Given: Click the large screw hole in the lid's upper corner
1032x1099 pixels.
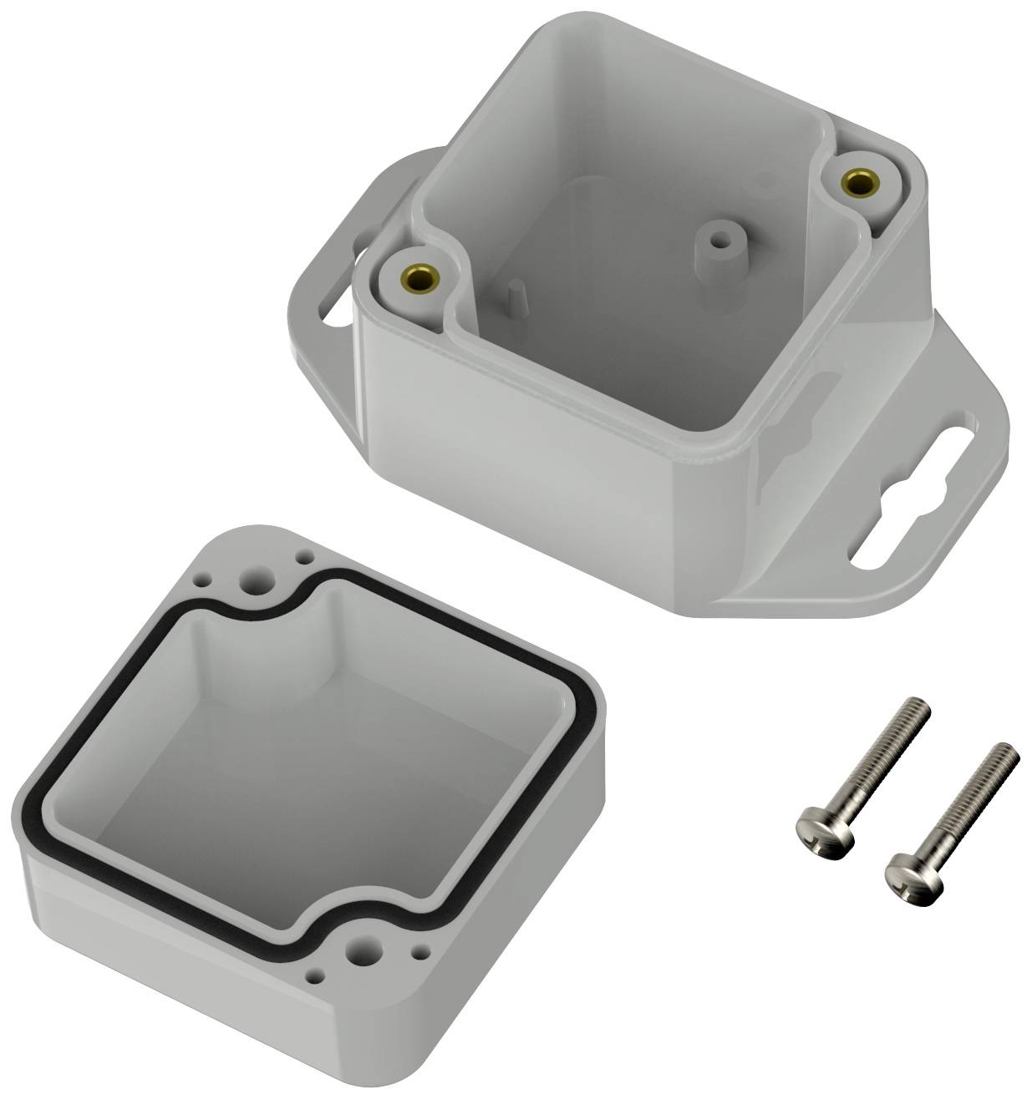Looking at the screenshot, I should point(253,581).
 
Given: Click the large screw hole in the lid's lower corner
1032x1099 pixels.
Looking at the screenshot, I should point(364,949).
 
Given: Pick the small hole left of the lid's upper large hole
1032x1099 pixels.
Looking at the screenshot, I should point(205,576).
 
